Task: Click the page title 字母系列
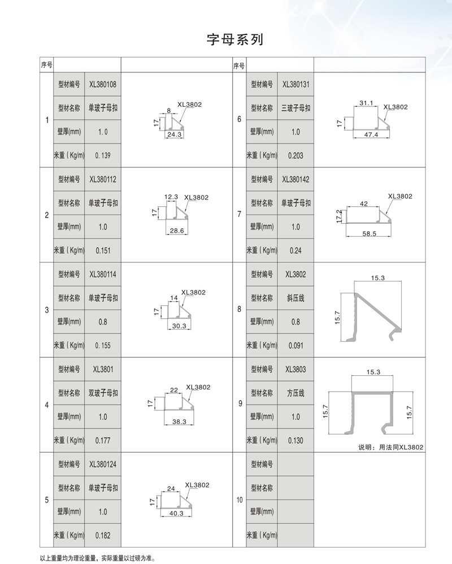click(x=234, y=40)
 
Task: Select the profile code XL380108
click(x=103, y=85)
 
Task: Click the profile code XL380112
click(x=103, y=180)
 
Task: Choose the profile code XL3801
click(x=103, y=370)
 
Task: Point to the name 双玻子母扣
click(x=103, y=393)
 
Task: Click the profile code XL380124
click(x=103, y=465)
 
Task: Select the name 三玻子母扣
click(x=295, y=109)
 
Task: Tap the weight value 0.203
click(x=295, y=155)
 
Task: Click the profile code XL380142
click(x=295, y=180)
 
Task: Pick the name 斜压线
click(x=295, y=298)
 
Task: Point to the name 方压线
click(x=295, y=393)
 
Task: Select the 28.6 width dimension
click(x=177, y=231)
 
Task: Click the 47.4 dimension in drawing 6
click(x=371, y=135)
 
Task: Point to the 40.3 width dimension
click(x=176, y=513)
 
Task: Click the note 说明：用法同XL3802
click(x=391, y=447)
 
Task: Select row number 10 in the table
click(x=239, y=500)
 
